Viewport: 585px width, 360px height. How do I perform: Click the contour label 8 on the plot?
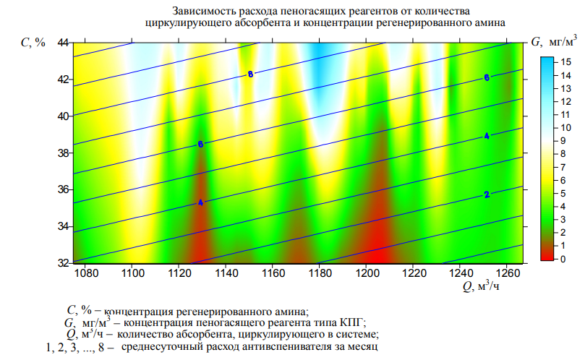(x=250, y=74)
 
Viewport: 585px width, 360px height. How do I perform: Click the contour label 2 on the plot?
(x=487, y=195)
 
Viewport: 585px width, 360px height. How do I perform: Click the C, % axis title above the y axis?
(x=33, y=43)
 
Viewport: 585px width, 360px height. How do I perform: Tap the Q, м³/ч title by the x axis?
(x=482, y=288)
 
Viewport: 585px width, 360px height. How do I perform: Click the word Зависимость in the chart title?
(x=200, y=12)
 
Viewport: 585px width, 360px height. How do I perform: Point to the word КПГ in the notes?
(x=354, y=322)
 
